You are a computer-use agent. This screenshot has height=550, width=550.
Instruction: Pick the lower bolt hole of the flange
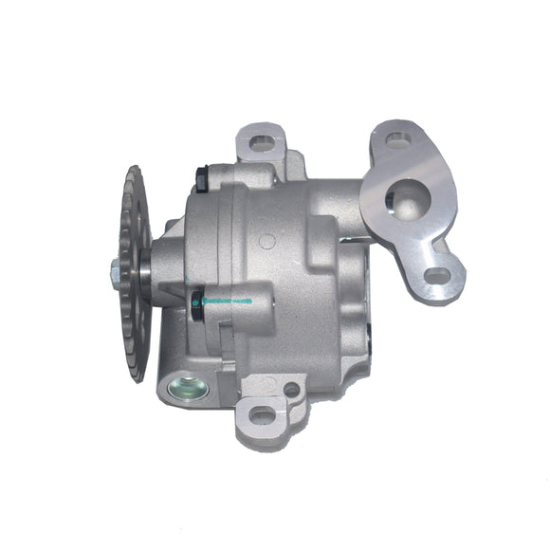(436, 276)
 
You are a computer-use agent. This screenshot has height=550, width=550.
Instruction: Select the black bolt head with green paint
(197, 302)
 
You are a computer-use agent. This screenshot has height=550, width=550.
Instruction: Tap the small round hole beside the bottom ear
(291, 389)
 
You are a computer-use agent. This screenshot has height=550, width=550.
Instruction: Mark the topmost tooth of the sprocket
(134, 171)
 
